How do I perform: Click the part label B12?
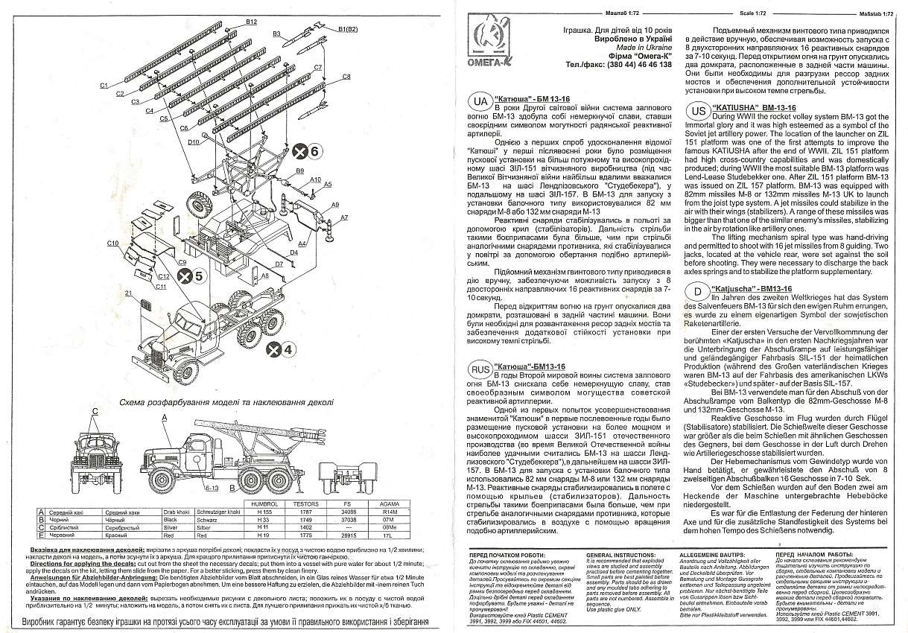(251, 22)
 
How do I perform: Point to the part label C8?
(346, 77)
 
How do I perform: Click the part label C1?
(104, 85)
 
